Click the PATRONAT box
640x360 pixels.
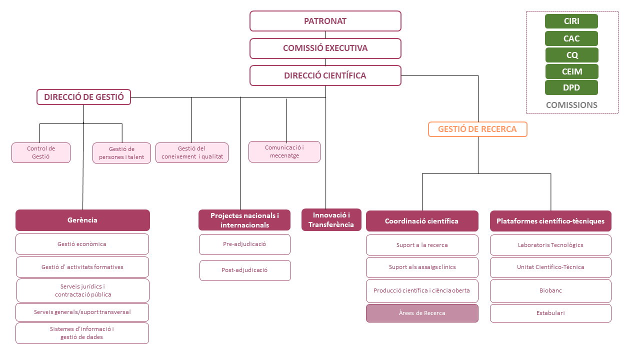[x=325, y=21]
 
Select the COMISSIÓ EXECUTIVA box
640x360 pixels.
[x=325, y=48]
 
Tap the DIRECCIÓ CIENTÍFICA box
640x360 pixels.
[x=325, y=75]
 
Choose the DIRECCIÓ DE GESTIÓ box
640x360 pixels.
[x=83, y=97]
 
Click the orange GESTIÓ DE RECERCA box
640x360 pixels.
[x=477, y=129]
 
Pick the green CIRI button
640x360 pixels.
[x=571, y=21]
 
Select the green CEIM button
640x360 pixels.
[x=571, y=71]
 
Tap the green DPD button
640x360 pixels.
[x=571, y=87]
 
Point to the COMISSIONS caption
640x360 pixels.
[x=571, y=105]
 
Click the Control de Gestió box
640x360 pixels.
[x=41, y=152]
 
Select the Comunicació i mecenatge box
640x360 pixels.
[x=284, y=151]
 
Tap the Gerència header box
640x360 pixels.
[x=82, y=220]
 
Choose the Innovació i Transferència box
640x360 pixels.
[x=331, y=220]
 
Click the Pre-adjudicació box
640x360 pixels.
[x=244, y=244]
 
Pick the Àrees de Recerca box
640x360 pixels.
[x=422, y=313]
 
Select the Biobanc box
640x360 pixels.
[x=550, y=290]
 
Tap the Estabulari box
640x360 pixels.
[x=550, y=313]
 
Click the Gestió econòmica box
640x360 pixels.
[x=82, y=244]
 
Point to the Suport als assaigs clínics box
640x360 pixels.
[x=422, y=267]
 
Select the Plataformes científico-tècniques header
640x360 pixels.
[x=550, y=221]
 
